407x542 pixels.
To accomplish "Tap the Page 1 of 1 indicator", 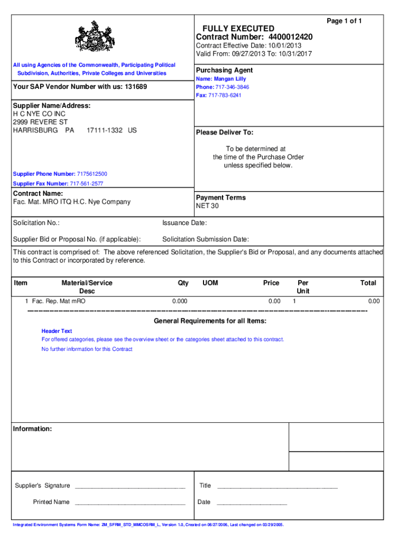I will pos(344,21).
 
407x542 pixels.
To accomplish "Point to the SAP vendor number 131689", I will pos(136,87).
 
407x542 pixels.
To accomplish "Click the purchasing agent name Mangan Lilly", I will pos(230,79).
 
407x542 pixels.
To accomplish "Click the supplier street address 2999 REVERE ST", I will pos(41,122).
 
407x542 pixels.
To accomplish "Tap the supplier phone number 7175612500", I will pos(92,174).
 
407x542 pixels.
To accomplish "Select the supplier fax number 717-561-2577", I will pos(87,184).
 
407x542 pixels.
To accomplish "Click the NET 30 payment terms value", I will pos(207,206).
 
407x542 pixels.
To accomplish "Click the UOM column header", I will pos(210,283).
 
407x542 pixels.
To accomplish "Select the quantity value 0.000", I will pos(180,301).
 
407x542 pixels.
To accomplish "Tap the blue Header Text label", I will pos(57,331).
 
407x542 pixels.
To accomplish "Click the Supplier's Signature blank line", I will pos(130,486).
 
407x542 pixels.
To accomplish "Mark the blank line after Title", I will pos(277,486).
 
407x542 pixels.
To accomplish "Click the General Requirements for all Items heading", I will pos(210,321).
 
